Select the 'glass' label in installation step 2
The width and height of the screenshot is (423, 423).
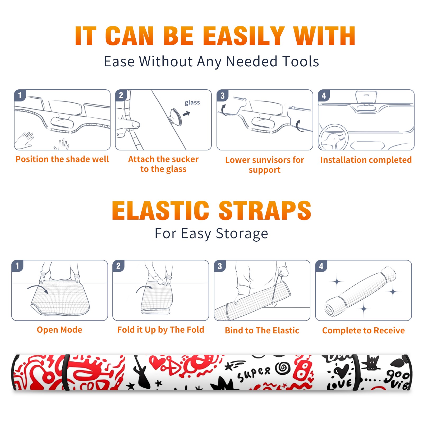tap(192, 103)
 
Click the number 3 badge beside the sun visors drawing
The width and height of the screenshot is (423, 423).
tap(222, 95)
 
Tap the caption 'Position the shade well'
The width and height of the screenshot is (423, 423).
tap(62, 159)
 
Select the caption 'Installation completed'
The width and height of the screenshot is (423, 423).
tap(366, 160)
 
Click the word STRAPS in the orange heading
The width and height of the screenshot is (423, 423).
tap(265, 210)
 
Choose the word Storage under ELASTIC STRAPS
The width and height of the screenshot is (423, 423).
tap(242, 234)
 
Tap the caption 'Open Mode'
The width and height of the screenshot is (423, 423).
tap(59, 330)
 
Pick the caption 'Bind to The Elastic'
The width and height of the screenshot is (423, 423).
tap(262, 330)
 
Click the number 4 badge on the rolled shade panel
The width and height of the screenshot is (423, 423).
tap(321, 266)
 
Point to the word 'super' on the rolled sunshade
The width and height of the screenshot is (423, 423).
tap(254, 374)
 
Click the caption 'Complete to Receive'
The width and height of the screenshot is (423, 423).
tap(364, 330)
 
